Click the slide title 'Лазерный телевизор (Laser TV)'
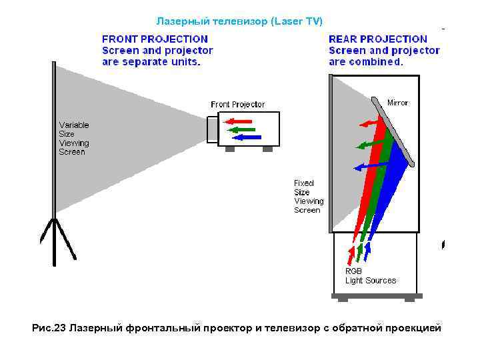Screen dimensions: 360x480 (239, 21)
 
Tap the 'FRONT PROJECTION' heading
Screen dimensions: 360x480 (155, 39)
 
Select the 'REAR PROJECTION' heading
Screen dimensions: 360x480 (378, 39)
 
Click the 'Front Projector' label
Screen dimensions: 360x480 (237, 105)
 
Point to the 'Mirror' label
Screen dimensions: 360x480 (398, 103)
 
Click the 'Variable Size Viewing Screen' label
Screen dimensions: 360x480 (73, 139)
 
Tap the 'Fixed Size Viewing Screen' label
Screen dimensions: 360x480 (309, 197)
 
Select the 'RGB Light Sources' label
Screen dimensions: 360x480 (370, 276)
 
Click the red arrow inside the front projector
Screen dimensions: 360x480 (238, 122)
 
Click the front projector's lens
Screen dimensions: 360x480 (212, 129)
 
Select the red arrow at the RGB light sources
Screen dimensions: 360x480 (351, 254)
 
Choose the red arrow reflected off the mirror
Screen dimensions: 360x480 (369, 123)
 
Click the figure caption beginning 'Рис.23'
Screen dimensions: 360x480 (236, 328)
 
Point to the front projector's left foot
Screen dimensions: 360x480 (230, 149)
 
